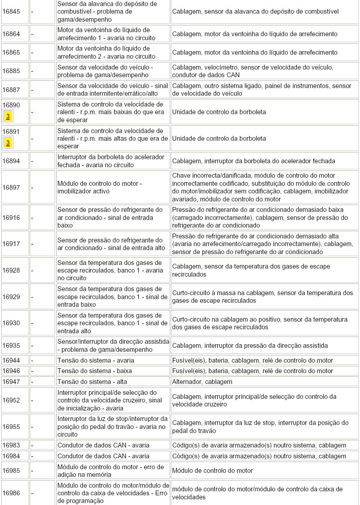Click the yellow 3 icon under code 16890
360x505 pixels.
[x=8, y=116]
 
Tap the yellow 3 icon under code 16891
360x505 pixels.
[x=8, y=143]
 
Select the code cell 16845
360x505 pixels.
[x=11, y=12]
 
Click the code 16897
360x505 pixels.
[x=11, y=187]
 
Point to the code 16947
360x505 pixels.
[x=11, y=382]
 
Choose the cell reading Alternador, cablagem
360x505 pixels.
[x=202, y=382]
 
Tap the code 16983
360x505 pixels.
[x=11, y=445]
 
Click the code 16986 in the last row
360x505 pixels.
[x=11, y=493]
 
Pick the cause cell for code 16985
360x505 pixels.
[x=213, y=470]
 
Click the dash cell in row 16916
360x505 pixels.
[x=32, y=218]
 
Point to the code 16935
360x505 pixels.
[x=11, y=345]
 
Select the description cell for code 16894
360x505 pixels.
[x=111, y=161]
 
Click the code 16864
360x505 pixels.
[x=11, y=34]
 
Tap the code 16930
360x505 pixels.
[x=11, y=323]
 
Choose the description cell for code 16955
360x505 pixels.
[x=112, y=427]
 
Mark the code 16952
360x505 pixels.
[x=11, y=400]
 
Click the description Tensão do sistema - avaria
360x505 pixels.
[x=96, y=360]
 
